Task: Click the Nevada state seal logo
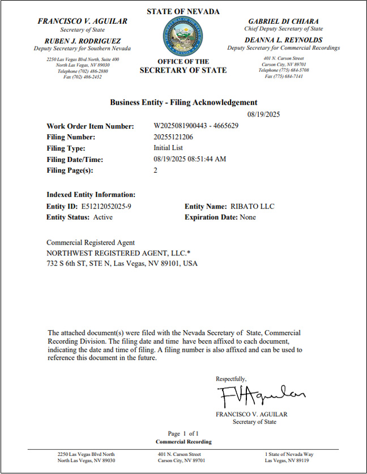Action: (x=182, y=35)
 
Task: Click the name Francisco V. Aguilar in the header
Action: (x=82, y=21)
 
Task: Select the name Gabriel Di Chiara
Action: (x=283, y=21)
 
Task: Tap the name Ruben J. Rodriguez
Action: (x=82, y=40)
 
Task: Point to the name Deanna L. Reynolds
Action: (x=283, y=40)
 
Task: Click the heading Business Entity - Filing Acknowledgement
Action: (x=183, y=103)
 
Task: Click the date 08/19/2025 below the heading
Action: (x=264, y=114)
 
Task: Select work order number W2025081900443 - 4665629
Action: (x=196, y=126)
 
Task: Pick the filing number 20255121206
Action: (x=173, y=137)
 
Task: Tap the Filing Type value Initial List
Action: (x=168, y=148)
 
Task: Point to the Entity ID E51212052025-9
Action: (x=106, y=206)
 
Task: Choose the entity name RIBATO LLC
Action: (x=252, y=206)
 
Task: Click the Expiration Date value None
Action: (x=247, y=217)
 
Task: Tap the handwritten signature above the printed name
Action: (x=261, y=394)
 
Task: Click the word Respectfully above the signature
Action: (x=231, y=378)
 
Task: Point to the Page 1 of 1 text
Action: (x=183, y=434)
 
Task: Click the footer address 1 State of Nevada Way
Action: (x=290, y=454)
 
